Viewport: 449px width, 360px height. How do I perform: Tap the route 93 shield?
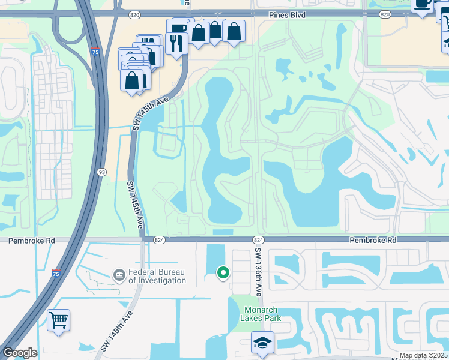tap(102, 173)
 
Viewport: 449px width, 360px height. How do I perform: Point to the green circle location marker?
tap(223, 274)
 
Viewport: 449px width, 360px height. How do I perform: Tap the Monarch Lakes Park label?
tap(260, 314)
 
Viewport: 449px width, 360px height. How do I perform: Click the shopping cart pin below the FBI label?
tap(59, 319)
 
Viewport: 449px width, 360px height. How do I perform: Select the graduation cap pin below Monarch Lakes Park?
tap(262, 342)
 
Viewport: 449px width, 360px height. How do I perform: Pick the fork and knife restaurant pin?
tap(176, 43)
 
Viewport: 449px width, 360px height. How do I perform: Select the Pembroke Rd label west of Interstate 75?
tap(32, 241)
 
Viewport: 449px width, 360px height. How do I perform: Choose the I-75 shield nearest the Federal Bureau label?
tap(56, 273)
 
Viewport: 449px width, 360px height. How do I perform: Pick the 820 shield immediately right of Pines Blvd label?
tap(385, 13)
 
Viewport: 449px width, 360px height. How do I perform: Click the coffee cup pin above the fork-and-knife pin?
tap(178, 27)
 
